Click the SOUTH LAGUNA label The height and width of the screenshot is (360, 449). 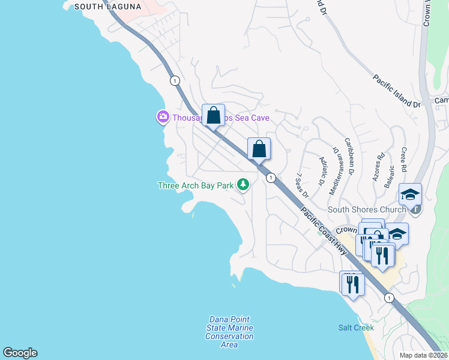pyautogui.click(x=108, y=7)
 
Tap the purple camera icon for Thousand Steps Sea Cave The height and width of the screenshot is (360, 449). pyautogui.click(x=163, y=117)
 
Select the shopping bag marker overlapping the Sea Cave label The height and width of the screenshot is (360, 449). pyautogui.click(x=213, y=115)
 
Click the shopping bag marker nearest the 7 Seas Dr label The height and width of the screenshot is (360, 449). pyautogui.click(x=259, y=149)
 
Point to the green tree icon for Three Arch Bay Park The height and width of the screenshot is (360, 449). pyautogui.click(x=243, y=185)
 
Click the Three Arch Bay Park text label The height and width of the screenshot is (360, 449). pyautogui.click(x=195, y=185)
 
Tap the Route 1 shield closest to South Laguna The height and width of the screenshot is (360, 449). pyautogui.click(x=175, y=80)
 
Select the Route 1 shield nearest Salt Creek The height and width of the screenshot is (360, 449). pyautogui.click(x=389, y=298)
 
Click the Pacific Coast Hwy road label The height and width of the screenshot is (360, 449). pyautogui.click(x=324, y=232)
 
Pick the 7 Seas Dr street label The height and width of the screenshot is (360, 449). pyautogui.click(x=301, y=186)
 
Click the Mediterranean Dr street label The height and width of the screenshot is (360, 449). pyautogui.click(x=335, y=170)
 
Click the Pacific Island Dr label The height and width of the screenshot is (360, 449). pyautogui.click(x=396, y=91)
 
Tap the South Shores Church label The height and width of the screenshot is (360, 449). pyautogui.click(x=366, y=210)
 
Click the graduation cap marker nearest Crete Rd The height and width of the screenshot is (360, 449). pyautogui.click(x=411, y=195)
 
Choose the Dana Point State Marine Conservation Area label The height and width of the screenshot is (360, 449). pyautogui.click(x=229, y=332)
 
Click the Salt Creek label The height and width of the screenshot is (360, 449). pyautogui.click(x=356, y=328)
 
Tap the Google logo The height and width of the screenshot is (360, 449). pyautogui.click(x=20, y=353)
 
